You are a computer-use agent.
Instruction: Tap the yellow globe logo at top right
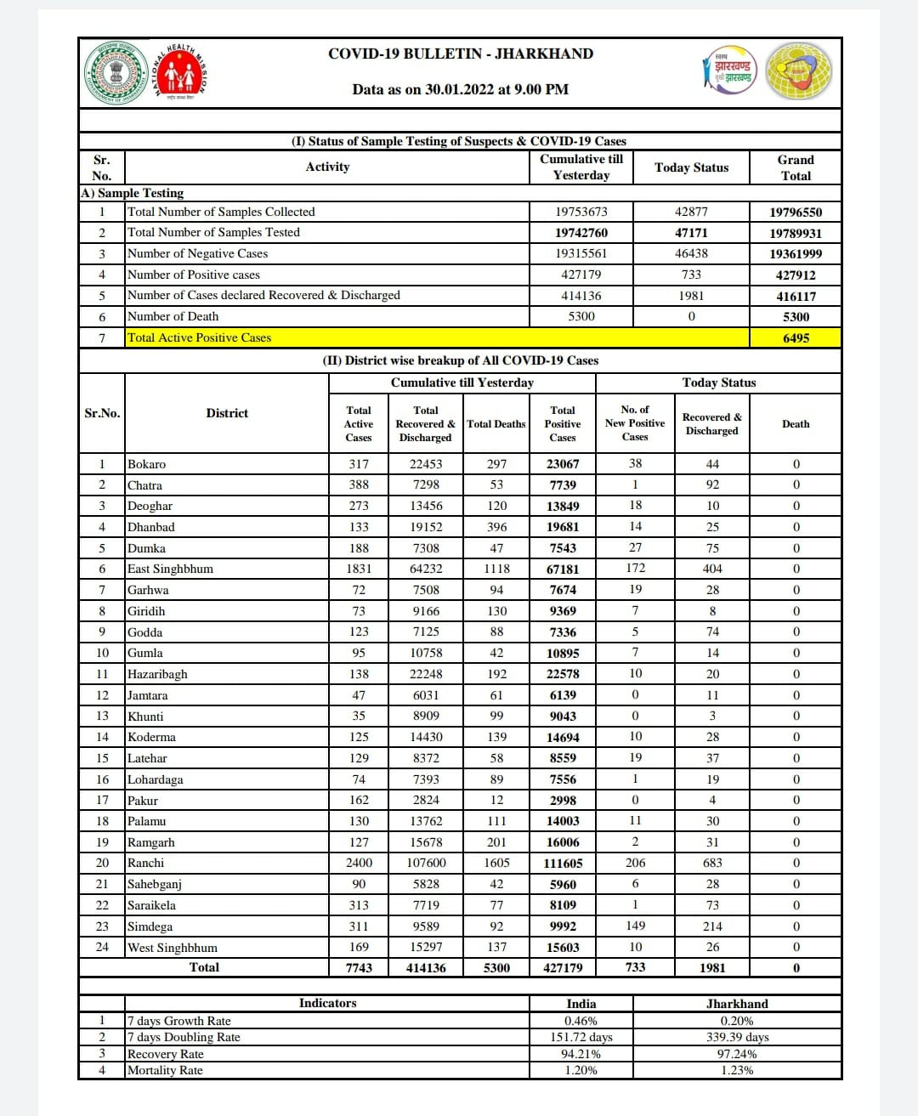click(x=799, y=72)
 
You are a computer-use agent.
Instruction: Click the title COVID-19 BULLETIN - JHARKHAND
click(x=461, y=54)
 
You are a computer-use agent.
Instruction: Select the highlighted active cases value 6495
click(x=796, y=337)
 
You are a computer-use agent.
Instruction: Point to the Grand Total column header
click(x=796, y=167)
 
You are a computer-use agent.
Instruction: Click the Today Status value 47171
click(x=691, y=232)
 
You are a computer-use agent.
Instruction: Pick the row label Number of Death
click(x=173, y=316)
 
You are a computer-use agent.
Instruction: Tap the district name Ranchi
click(x=145, y=863)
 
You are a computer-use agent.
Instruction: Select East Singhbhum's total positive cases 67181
click(x=563, y=569)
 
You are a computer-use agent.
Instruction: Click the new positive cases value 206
click(x=635, y=863)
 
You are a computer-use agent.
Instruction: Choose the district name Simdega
click(x=150, y=926)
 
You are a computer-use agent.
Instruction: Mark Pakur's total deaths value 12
click(x=496, y=800)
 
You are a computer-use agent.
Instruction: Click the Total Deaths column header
click(x=496, y=424)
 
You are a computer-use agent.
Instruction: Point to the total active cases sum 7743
click(x=359, y=968)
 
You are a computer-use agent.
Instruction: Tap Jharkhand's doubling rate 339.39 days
click(x=737, y=1037)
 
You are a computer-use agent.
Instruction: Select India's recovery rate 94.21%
click(x=581, y=1054)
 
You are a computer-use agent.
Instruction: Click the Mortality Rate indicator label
click(x=165, y=1070)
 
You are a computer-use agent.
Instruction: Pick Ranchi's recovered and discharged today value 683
click(x=712, y=863)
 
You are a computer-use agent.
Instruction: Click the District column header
click(x=227, y=413)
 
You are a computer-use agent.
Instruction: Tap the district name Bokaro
click(x=146, y=464)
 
